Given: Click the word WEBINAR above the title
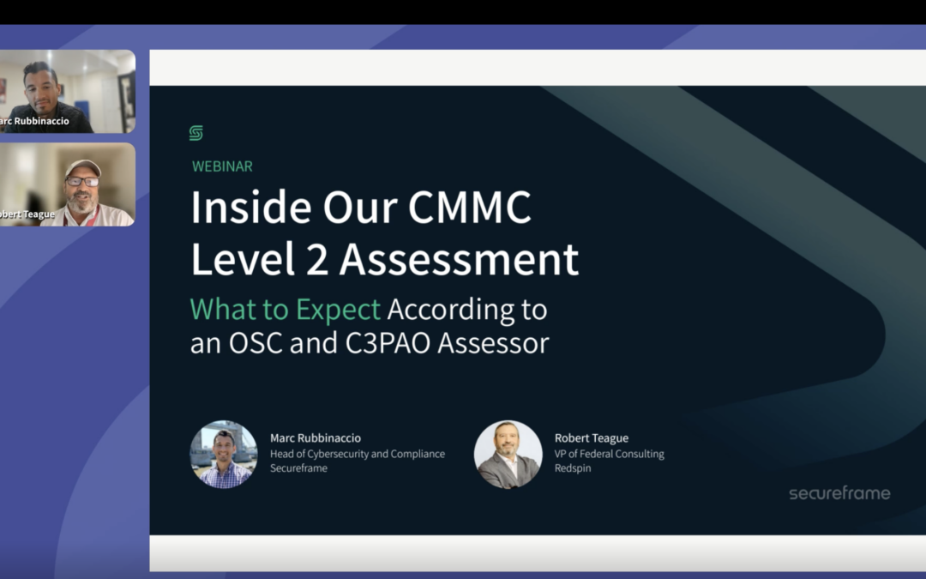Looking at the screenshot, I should click(x=222, y=166).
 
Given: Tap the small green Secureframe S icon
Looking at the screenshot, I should click(x=196, y=133).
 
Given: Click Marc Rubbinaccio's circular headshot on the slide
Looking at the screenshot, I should click(x=224, y=454).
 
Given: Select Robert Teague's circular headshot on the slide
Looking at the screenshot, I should click(x=508, y=454).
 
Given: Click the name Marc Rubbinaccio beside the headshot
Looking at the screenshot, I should click(x=316, y=438).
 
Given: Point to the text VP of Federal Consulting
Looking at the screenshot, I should click(x=609, y=454).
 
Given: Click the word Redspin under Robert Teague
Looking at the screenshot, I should click(x=574, y=468).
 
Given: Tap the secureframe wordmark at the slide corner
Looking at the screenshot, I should click(x=839, y=493).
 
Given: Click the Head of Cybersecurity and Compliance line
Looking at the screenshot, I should click(x=358, y=454).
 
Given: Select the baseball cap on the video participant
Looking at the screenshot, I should click(x=83, y=166).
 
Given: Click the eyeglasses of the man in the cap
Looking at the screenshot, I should click(x=82, y=181).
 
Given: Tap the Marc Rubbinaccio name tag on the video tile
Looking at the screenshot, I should click(x=34, y=121).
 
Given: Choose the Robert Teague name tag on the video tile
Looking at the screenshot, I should click(x=27, y=214).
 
